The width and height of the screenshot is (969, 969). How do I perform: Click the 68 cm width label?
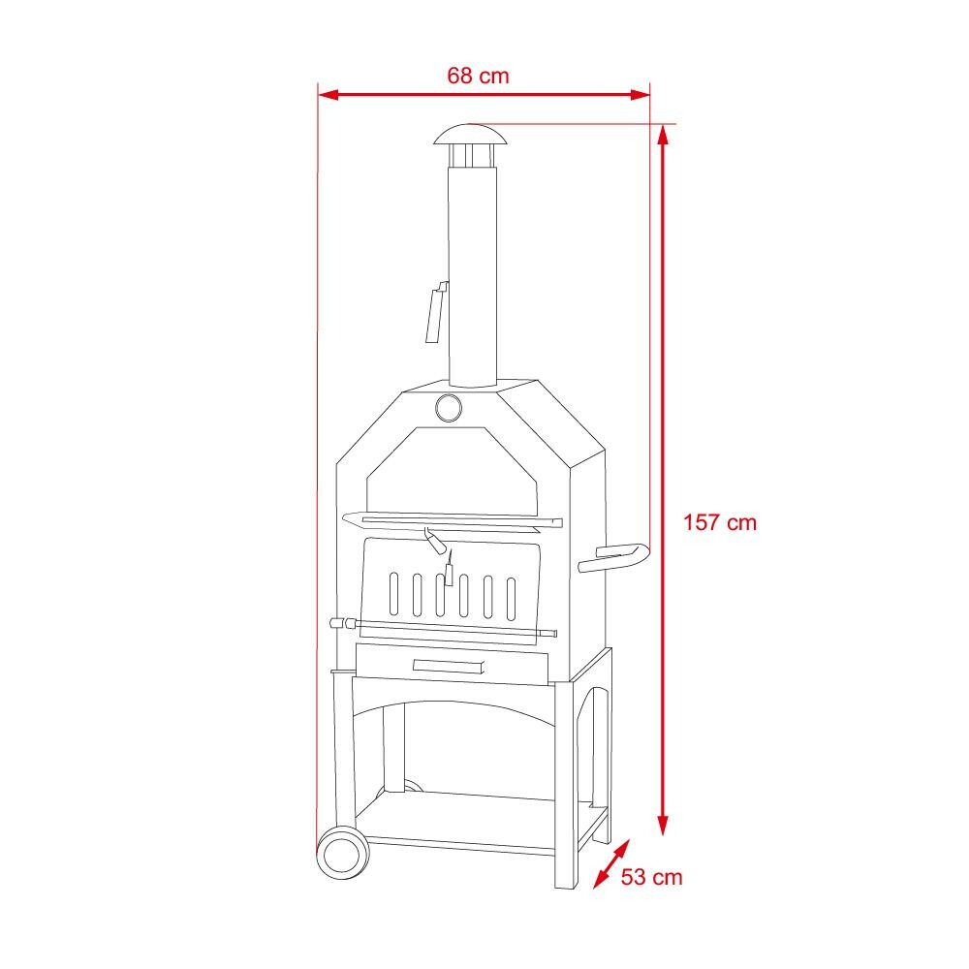click(x=478, y=76)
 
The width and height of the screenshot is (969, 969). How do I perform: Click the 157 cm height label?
click(x=719, y=523)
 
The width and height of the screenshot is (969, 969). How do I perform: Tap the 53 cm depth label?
click(x=651, y=877)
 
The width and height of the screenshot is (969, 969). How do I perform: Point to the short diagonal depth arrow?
click(x=611, y=864)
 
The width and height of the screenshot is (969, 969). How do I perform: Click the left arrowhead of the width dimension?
click(x=328, y=95)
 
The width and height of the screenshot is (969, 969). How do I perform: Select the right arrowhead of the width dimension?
click(x=641, y=95)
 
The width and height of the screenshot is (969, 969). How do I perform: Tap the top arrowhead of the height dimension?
click(x=663, y=134)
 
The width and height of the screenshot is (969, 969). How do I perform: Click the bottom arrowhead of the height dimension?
click(x=663, y=825)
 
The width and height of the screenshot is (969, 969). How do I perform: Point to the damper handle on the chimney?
click(x=436, y=311)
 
